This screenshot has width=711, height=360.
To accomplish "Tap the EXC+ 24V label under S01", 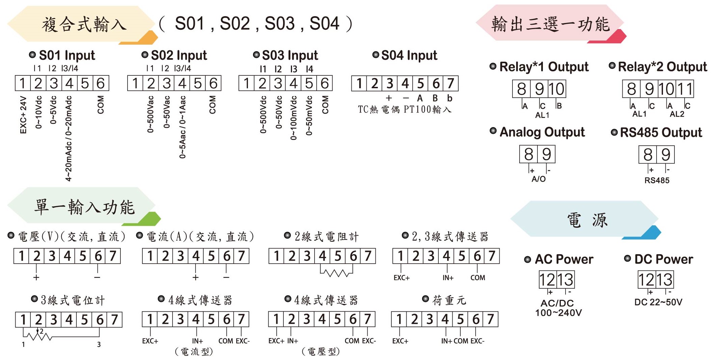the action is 23,115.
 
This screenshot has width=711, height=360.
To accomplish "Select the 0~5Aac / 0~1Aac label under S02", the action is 183,127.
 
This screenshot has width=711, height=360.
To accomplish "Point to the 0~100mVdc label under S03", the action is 293,118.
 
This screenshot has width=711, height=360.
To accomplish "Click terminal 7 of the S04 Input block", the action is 451,83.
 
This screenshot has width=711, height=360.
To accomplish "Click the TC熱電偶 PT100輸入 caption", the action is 405,109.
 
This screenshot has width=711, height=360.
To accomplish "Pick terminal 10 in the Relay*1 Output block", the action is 556,89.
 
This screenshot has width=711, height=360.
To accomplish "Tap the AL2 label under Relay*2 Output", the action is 677,114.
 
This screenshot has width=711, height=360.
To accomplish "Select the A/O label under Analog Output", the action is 538,179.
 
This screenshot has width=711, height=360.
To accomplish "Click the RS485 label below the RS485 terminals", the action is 657,180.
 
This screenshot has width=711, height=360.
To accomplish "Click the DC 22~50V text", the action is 658,302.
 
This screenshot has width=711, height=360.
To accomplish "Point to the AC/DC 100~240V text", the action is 558,308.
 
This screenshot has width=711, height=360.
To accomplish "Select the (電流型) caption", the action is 194,352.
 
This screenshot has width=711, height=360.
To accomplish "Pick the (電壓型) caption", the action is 321,352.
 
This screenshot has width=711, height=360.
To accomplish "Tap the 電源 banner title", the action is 587,220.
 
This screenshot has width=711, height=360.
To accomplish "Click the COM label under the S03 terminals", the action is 325,104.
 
